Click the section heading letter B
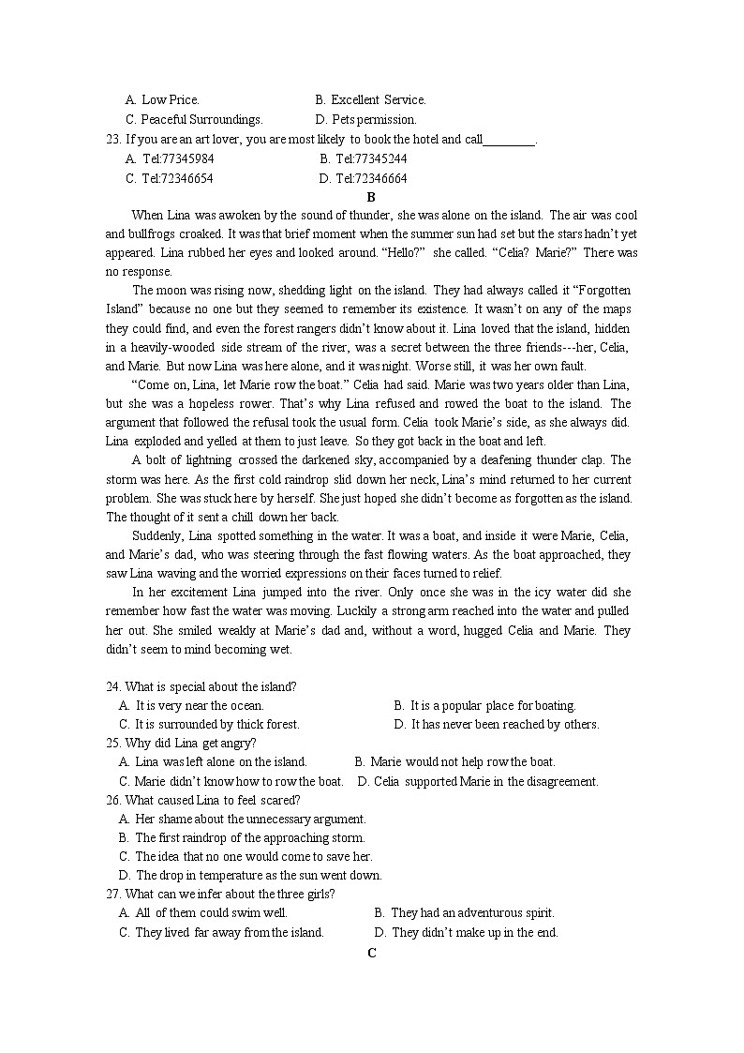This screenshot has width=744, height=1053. tap(371, 197)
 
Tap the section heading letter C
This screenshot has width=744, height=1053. tap(372, 953)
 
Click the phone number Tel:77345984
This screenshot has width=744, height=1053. tap(177, 158)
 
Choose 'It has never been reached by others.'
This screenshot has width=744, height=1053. tap(504, 724)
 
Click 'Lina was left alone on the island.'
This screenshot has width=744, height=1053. tap(220, 761)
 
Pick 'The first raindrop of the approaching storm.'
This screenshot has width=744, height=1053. tap(250, 837)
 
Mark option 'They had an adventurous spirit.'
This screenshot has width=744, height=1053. tap(472, 912)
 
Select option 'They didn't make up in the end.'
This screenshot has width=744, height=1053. tap(474, 932)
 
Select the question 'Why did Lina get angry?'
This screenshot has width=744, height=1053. tap(189, 743)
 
